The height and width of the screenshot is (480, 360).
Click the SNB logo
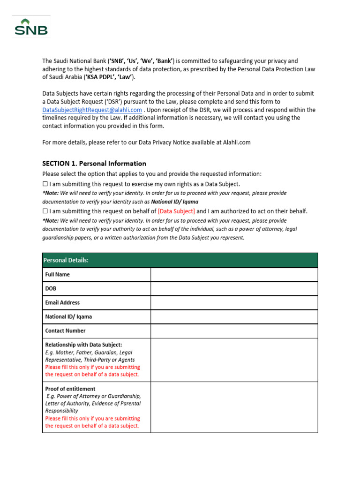point(31,28)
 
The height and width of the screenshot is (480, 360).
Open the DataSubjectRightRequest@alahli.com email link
point(92,110)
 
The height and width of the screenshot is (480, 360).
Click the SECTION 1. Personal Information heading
point(94,164)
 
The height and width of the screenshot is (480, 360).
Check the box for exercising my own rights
point(45,184)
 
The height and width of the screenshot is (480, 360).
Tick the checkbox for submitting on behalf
point(45,211)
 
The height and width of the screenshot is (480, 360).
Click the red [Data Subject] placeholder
point(176,211)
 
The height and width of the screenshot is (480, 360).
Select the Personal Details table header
point(180,260)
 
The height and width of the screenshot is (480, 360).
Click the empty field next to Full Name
point(234,275)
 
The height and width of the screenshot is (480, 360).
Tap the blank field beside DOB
point(234,289)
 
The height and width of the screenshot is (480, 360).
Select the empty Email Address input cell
point(234,303)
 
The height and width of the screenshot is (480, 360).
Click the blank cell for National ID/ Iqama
point(234,317)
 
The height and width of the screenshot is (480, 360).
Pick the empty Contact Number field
point(234,331)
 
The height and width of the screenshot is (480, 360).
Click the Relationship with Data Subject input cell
point(234,360)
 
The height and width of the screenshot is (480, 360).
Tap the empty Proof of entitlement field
point(234,407)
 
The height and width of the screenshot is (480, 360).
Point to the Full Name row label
point(58,275)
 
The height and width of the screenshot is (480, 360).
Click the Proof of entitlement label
point(70,389)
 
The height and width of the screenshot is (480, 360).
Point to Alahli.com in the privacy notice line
point(233,142)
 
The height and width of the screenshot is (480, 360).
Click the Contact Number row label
point(65,331)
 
